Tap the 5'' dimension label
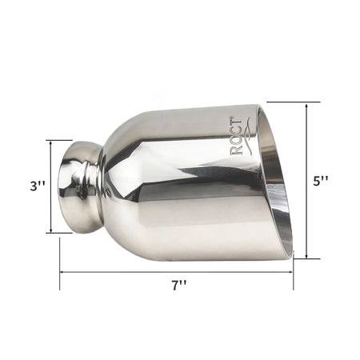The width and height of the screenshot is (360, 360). [320, 182]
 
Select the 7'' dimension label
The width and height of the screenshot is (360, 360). [178, 286]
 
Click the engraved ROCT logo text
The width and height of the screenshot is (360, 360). [236, 136]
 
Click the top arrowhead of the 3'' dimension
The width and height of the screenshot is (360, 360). [50, 142]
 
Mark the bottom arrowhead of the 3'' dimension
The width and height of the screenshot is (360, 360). [50, 230]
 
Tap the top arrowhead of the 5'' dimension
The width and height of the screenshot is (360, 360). [306, 105]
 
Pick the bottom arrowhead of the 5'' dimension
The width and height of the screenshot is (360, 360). [306, 256]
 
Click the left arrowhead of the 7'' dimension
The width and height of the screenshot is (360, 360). [62, 272]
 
